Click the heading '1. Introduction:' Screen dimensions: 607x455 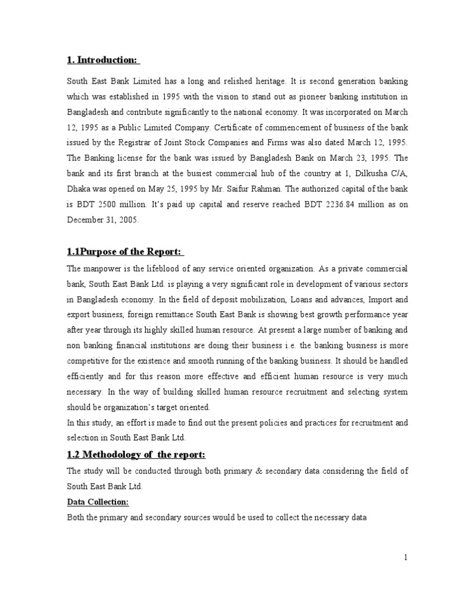tap(102, 60)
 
